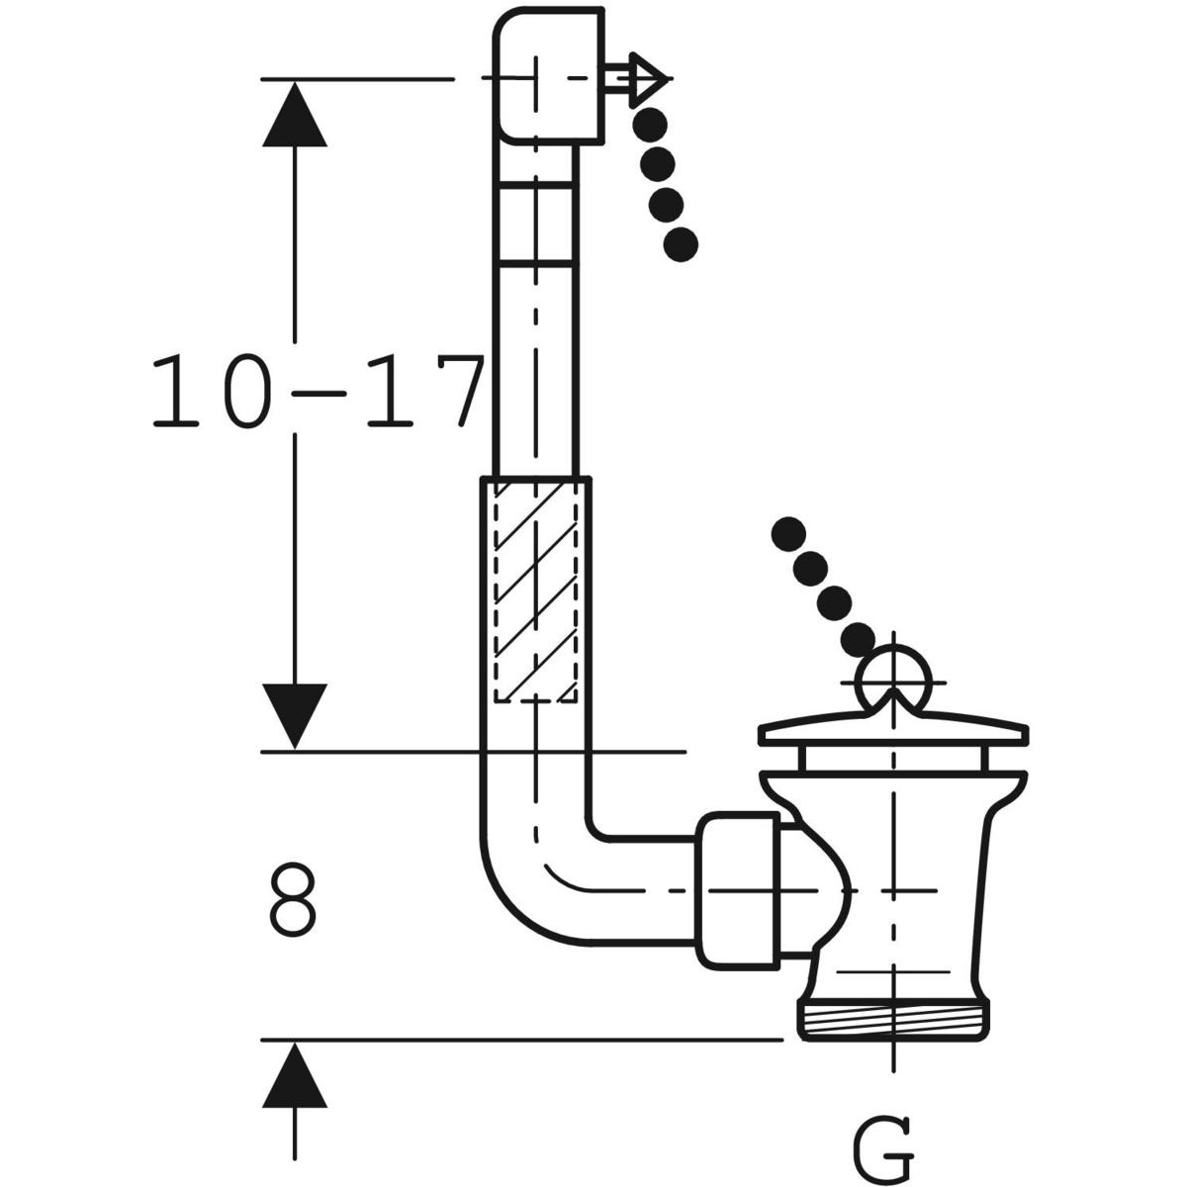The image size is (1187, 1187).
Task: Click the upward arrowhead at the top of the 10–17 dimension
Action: (x=295, y=114)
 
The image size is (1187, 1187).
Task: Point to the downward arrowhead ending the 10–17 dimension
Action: (x=295, y=714)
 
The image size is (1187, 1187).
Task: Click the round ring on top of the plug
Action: (x=892, y=679)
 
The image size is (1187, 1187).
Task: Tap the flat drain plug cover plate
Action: (x=893, y=732)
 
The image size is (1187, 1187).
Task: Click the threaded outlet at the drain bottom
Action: (x=893, y=1020)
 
